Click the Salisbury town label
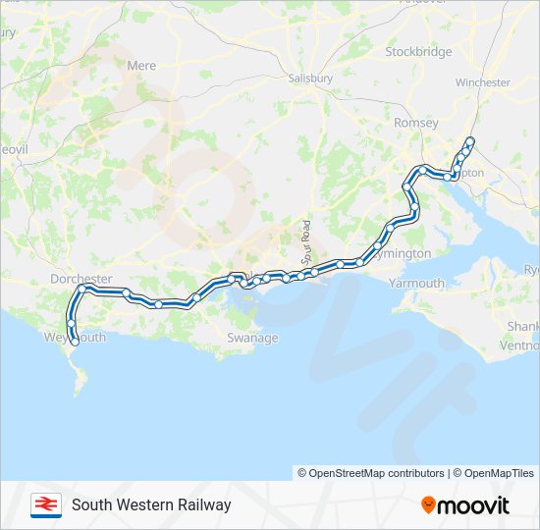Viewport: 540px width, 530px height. (311, 78)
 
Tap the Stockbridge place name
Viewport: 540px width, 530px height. (418, 51)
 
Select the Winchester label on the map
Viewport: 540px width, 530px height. (483, 83)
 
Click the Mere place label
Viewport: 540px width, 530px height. (141, 66)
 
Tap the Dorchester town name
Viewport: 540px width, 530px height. (81, 280)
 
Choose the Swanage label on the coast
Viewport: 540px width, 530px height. (252, 338)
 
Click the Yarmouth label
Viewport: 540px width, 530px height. (417, 284)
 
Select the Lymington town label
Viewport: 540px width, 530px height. (403, 253)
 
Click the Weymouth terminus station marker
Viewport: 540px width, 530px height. (75, 342)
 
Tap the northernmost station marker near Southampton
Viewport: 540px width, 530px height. (470, 140)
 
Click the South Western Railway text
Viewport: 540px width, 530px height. (151, 504)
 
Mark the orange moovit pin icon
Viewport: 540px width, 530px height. (428, 505)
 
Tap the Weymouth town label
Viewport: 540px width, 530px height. (76, 338)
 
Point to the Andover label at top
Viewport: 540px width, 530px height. (423, 3)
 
